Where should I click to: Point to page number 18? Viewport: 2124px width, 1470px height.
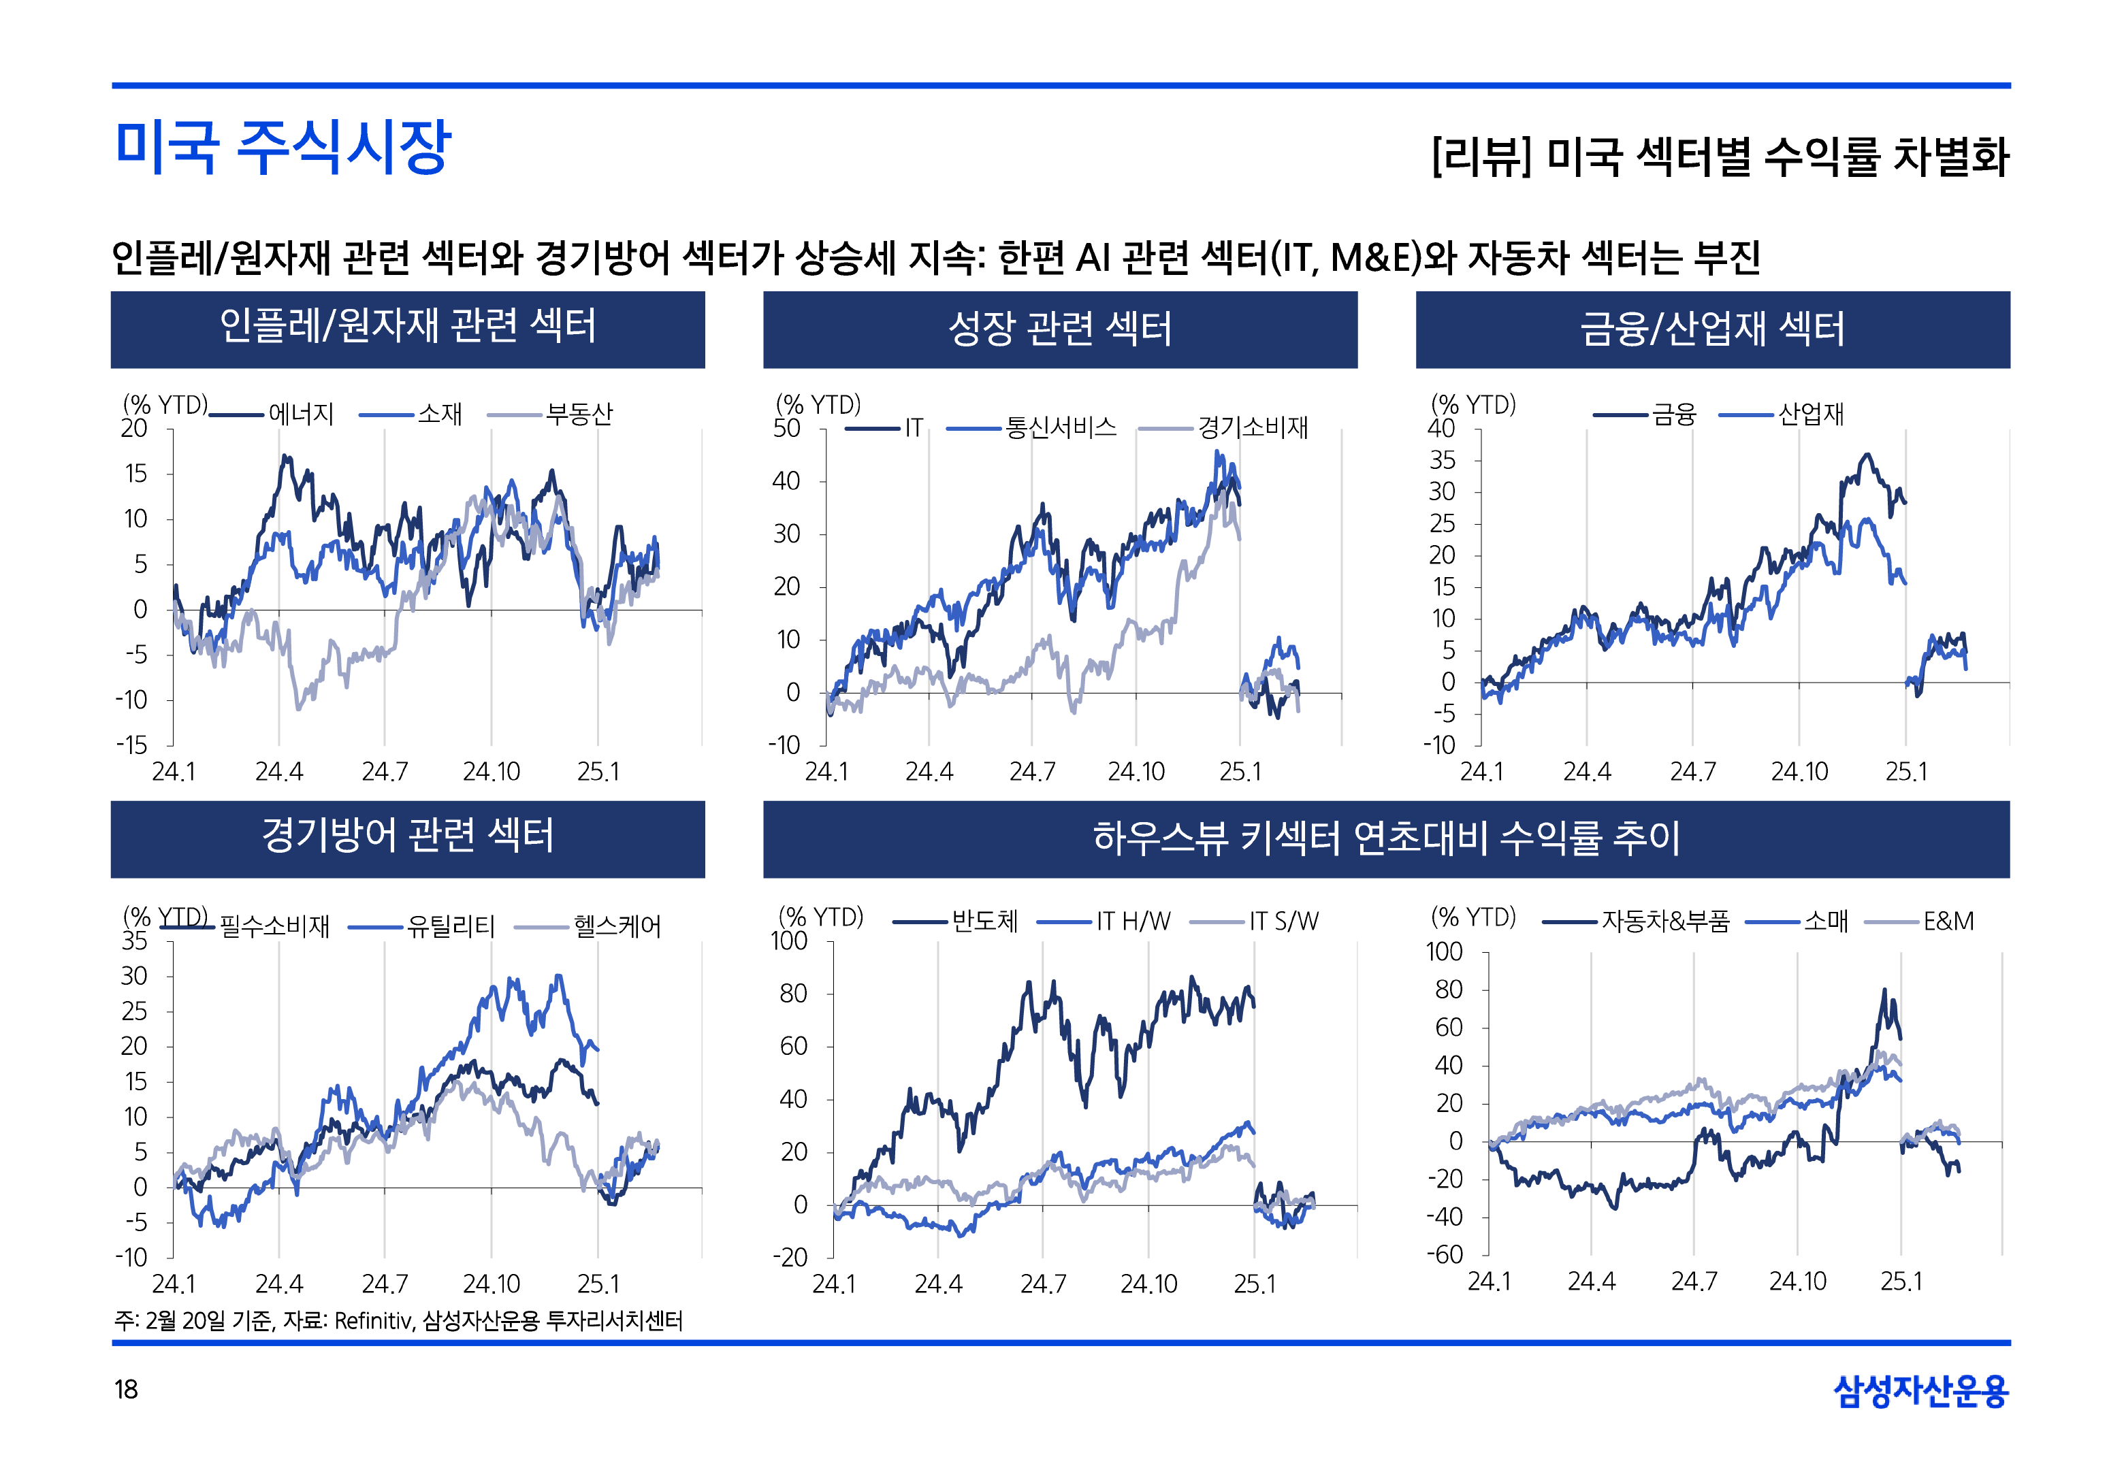point(126,1389)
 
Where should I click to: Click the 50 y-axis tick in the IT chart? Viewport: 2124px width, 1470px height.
point(786,428)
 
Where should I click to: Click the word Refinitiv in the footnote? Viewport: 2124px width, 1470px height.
point(373,1321)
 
